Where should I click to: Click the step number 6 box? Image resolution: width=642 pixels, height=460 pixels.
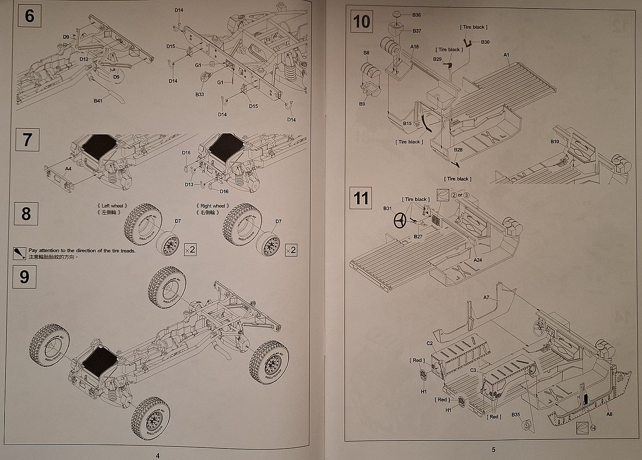pyautogui.click(x=29, y=16)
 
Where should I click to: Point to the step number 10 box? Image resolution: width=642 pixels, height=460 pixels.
pyautogui.click(x=361, y=22)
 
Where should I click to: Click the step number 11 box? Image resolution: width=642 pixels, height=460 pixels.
pyautogui.click(x=361, y=198)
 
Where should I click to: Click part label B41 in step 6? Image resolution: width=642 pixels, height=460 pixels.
pyautogui.click(x=98, y=101)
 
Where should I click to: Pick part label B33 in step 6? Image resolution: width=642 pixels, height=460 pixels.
pyautogui.click(x=200, y=94)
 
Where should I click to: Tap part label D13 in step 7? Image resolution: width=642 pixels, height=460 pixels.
pyautogui.click(x=189, y=185)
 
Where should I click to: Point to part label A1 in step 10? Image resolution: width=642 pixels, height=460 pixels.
pyautogui.click(x=507, y=54)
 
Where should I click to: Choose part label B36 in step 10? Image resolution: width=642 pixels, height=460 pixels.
pyautogui.click(x=417, y=15)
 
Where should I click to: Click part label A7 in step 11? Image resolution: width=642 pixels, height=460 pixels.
pyautogui.click(x=487, y=297)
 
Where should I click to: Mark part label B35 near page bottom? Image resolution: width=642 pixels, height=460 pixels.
pyautogui.click(x=516, y=415)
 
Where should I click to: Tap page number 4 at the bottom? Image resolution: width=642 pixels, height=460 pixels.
pyautogui.click(x=157, y=455)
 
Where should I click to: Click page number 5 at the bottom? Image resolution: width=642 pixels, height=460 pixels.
pyautogui.click(x=494, y=449)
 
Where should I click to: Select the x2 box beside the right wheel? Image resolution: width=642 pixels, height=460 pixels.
pyautogui.click(x=291, y=250)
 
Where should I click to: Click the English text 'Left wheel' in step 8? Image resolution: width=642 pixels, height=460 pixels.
pyautogui.click(x=112, y=206)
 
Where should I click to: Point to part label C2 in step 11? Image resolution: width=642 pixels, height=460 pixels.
pyautogui.click(x=430, y=344)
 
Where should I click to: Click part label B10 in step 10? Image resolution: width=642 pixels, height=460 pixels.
pyautogui.click(x=555, y=142)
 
